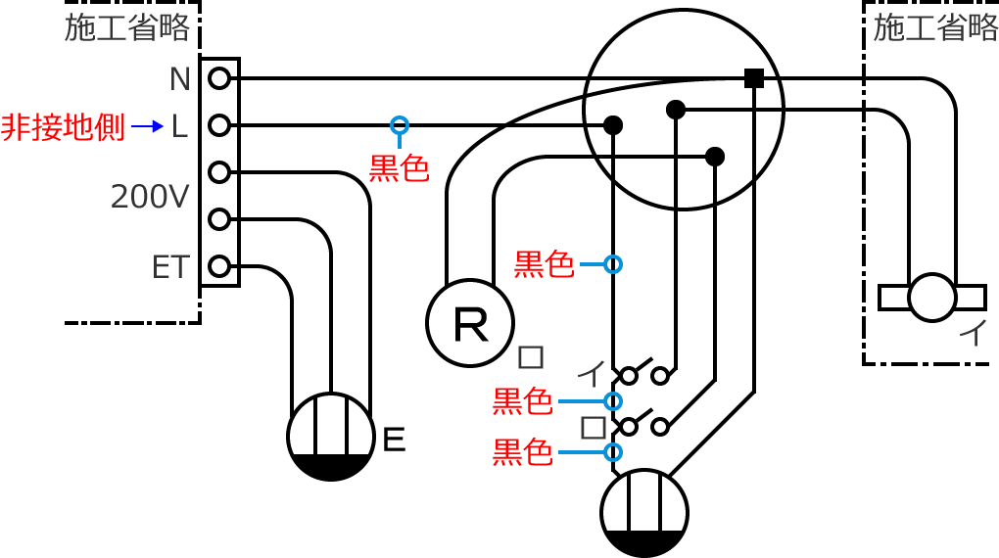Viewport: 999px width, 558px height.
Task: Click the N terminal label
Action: (x=179, y=79)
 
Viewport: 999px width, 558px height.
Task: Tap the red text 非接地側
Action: (x=64, y=127)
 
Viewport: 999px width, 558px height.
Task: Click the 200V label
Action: (x=149, y=198)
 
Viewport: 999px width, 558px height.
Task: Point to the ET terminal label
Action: (x=169, y=267)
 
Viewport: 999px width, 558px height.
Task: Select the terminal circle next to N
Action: (x=219, y=77)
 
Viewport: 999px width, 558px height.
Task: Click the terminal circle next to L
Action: (x=219, y=125)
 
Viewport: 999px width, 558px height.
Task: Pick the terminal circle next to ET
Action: (x=219, y=265)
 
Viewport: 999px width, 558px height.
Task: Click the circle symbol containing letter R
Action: (x=470, y=323)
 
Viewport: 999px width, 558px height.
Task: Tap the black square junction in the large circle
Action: (x=754, y=78)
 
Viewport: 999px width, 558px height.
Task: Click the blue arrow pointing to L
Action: (x=147, y=126)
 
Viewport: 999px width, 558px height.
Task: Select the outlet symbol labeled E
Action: (x=331, y=437)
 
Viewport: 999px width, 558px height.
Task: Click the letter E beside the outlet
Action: (x=394, y=440)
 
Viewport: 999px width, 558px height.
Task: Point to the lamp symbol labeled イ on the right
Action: (x=931, y=297)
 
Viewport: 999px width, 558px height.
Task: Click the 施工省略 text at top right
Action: (x=935, y=28)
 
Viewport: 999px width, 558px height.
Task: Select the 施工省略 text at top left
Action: (x=127, y=28)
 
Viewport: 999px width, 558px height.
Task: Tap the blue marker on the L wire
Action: (x=399, y=125)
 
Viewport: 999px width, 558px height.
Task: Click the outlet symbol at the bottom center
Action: (x=643, y=513)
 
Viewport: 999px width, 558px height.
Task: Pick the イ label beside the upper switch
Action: (x=591, y=373)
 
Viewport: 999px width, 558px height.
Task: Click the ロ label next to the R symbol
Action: (x=531, y=356)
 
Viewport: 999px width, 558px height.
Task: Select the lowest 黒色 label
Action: (x=522, y=452)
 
